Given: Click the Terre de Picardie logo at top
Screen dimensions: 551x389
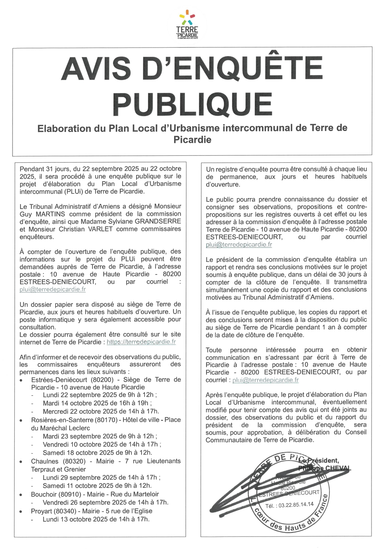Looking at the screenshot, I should [x=187, y=25].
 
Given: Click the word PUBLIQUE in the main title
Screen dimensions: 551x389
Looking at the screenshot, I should [x=192, y=104].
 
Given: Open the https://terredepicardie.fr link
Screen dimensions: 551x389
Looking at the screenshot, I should [x=141, y=342].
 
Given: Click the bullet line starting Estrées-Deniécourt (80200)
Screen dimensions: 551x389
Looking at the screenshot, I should [x=106, y=380].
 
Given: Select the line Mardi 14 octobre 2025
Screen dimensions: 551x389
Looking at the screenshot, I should [x=97, y=403].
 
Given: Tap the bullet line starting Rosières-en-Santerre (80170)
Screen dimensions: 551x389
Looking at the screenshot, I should [x=106, y=420].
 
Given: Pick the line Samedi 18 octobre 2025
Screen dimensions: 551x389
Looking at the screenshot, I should [x=97, y=453].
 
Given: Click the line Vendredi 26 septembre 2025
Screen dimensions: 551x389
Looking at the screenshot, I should [x=105, y=502].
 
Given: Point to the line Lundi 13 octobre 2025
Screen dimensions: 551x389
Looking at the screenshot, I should [x=96, y=519].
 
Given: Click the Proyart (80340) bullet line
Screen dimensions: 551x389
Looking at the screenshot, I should [x=92, y=511].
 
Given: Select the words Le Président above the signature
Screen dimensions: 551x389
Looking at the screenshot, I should [x=319, y=461].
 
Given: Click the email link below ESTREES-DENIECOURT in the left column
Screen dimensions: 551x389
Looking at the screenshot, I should [x=52, y=289].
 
